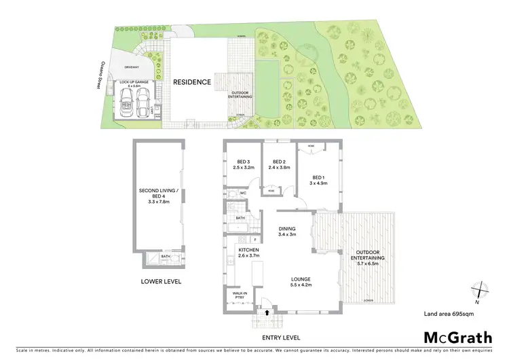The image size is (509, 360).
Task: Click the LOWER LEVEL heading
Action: coord(161,281)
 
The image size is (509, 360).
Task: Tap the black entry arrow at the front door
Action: coord(266,313)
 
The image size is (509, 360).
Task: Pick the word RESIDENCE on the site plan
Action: coord(191,82)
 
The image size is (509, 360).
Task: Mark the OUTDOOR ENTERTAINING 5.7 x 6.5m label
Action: coord(369,259)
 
